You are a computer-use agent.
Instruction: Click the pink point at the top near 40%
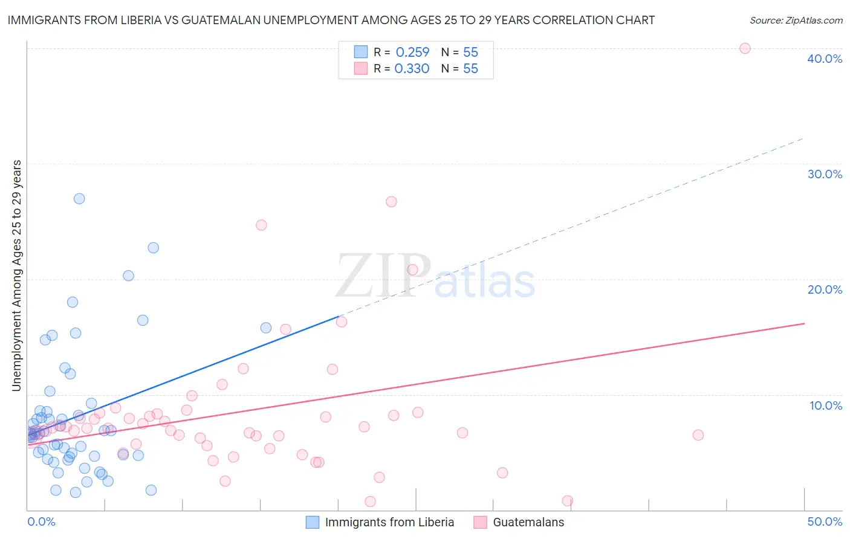coord(745,48)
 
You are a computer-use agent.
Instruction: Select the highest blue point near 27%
coord(79,199)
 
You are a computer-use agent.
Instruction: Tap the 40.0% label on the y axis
coord(825,59)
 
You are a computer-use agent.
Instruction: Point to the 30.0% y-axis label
coord(825,174)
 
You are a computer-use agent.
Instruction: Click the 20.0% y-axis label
coord(825,289)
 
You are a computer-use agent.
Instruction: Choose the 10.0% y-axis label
coord(826,405)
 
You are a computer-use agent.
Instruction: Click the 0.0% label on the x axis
coord(41,521)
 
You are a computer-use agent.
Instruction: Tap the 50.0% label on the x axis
coord(825,521)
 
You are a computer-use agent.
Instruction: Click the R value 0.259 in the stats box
coord(412,53)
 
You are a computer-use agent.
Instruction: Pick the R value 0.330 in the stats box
coord(412,69)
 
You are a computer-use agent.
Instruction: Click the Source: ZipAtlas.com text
coord(796,21)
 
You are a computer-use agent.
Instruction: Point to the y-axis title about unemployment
coord(17,276)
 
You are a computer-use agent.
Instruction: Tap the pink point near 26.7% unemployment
coord(391,202)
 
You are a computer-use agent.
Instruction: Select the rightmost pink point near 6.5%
coord(698,435)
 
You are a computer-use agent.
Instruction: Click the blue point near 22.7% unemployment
coord(154,248)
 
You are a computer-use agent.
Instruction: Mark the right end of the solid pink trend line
coord(804,323)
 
